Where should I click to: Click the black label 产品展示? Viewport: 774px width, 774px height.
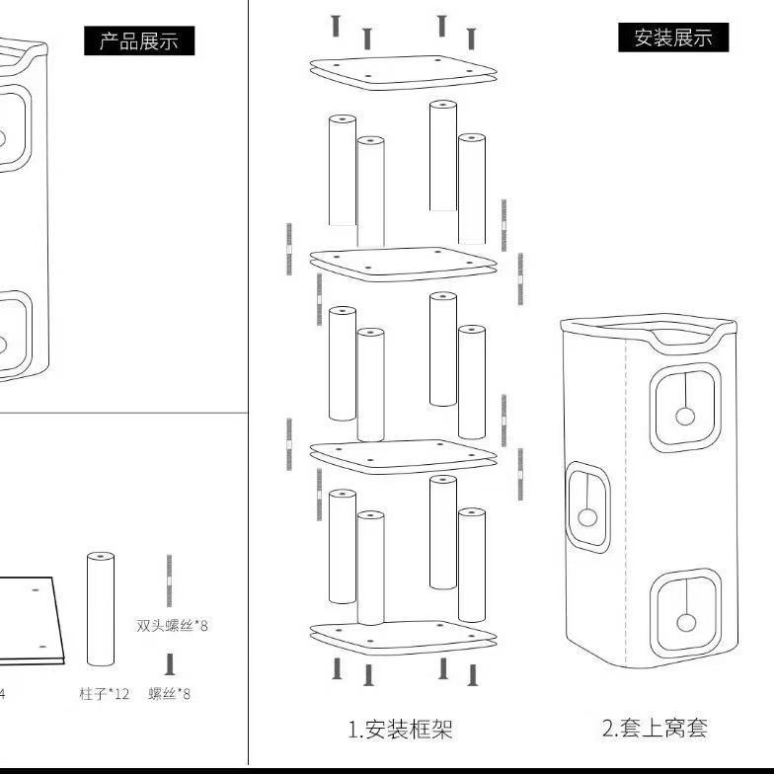pyautogui.click(x=139, y=40)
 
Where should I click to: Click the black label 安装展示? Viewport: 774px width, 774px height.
pyautogui.click(x=673, y=38)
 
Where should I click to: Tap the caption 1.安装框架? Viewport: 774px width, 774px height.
pyautogui.click(x=401, y=730)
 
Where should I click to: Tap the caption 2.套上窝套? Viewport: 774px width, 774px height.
pyautogui.click(x=656, y=729)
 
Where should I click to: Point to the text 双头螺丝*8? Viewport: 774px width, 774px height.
pyautogui.click(x=173, y=625)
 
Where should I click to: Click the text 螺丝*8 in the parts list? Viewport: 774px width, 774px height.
pyautogui.click(x=170, y=694)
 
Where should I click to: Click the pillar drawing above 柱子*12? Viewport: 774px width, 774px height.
pyautogui.click(x=101, y=609)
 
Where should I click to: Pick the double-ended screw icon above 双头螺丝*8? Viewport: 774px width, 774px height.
pyautogui.click(x=170, y=580)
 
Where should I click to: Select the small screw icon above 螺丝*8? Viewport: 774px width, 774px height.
pyautogui.click(x=170, y=664)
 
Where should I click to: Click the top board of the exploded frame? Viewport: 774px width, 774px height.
pyautogui.click(x=403, y=71)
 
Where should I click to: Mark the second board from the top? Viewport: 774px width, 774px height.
pyautogui.click(x=403, y=261)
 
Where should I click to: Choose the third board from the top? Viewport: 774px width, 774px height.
pyautogui.click(x=403, y=453)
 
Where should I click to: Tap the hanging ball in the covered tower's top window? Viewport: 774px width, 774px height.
pyautogui.click(x=684, y=416)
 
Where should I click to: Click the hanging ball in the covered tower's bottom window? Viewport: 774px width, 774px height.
pyautogui.click(x=684, y=621)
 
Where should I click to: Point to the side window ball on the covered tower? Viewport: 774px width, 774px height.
pyautogui.click(x=587, y=517)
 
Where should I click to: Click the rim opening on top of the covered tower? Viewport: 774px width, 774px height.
pyautogui.click(x=647, y=325)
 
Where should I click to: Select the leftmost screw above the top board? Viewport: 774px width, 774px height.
pyautogui.click(x=336, y=26)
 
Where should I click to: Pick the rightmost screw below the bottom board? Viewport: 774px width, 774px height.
pyautogui.click(x=473, y=675)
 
